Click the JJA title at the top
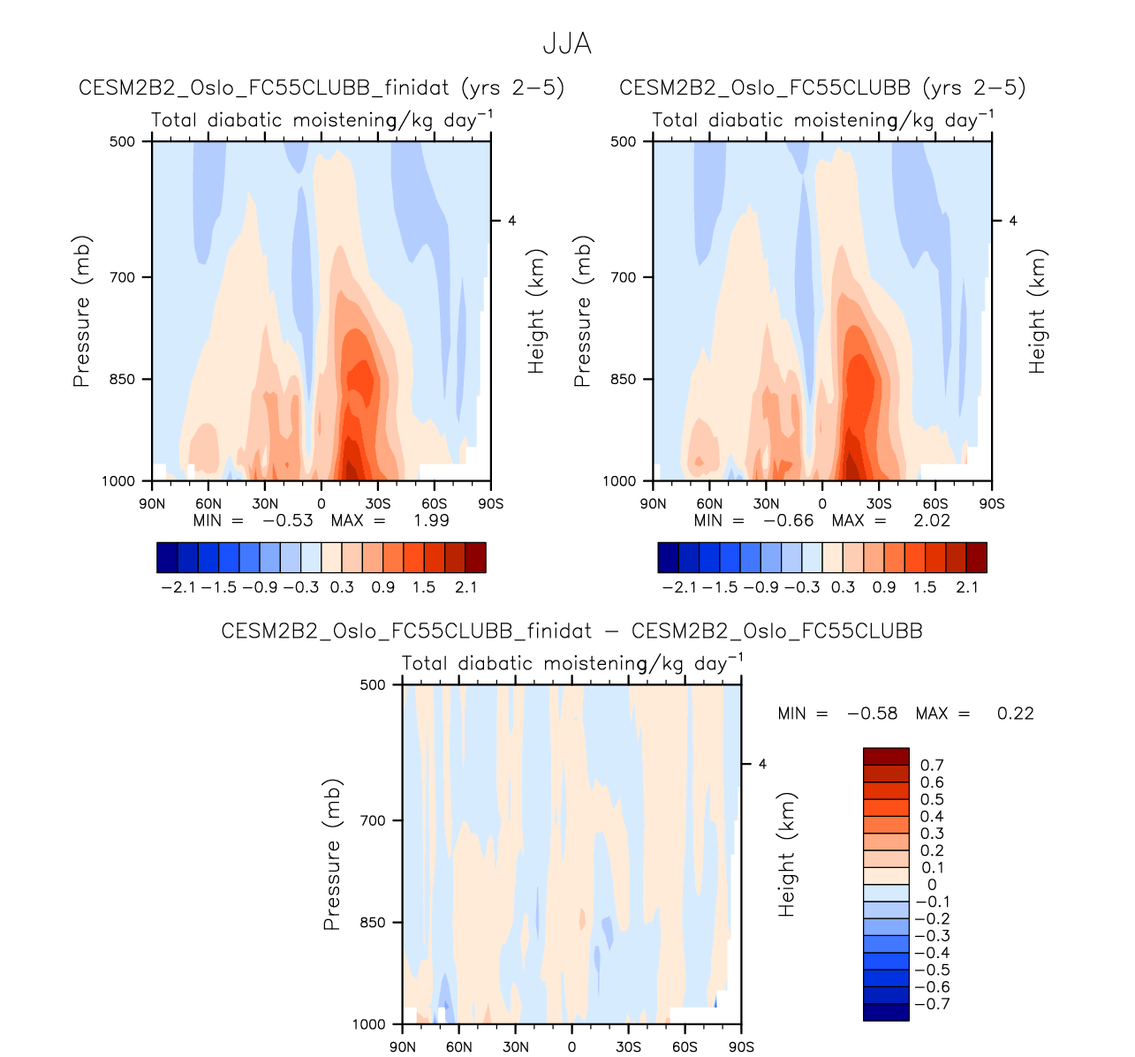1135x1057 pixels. coord(566,44)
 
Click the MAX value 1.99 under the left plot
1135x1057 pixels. coord(431,520)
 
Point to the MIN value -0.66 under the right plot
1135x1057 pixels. coord(788,520)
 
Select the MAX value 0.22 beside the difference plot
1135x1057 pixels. coord(1015,713)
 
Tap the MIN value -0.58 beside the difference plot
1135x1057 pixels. coord(872,713)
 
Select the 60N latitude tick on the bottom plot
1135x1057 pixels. coord(458,1047)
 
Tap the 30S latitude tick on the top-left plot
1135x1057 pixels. coord(377,503)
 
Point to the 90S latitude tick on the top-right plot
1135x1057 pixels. coord(992,503)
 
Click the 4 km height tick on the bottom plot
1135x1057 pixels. coord(762,764)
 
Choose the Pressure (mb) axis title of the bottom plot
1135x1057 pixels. coord(332,854)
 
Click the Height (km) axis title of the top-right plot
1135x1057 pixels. coord(1037,311)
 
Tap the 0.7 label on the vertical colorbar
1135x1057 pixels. coord(932,766)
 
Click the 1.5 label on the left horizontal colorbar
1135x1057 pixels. coord(424,587)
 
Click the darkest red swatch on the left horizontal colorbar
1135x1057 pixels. coord(475,558)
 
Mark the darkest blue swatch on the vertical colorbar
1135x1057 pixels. coord(886,1012)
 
